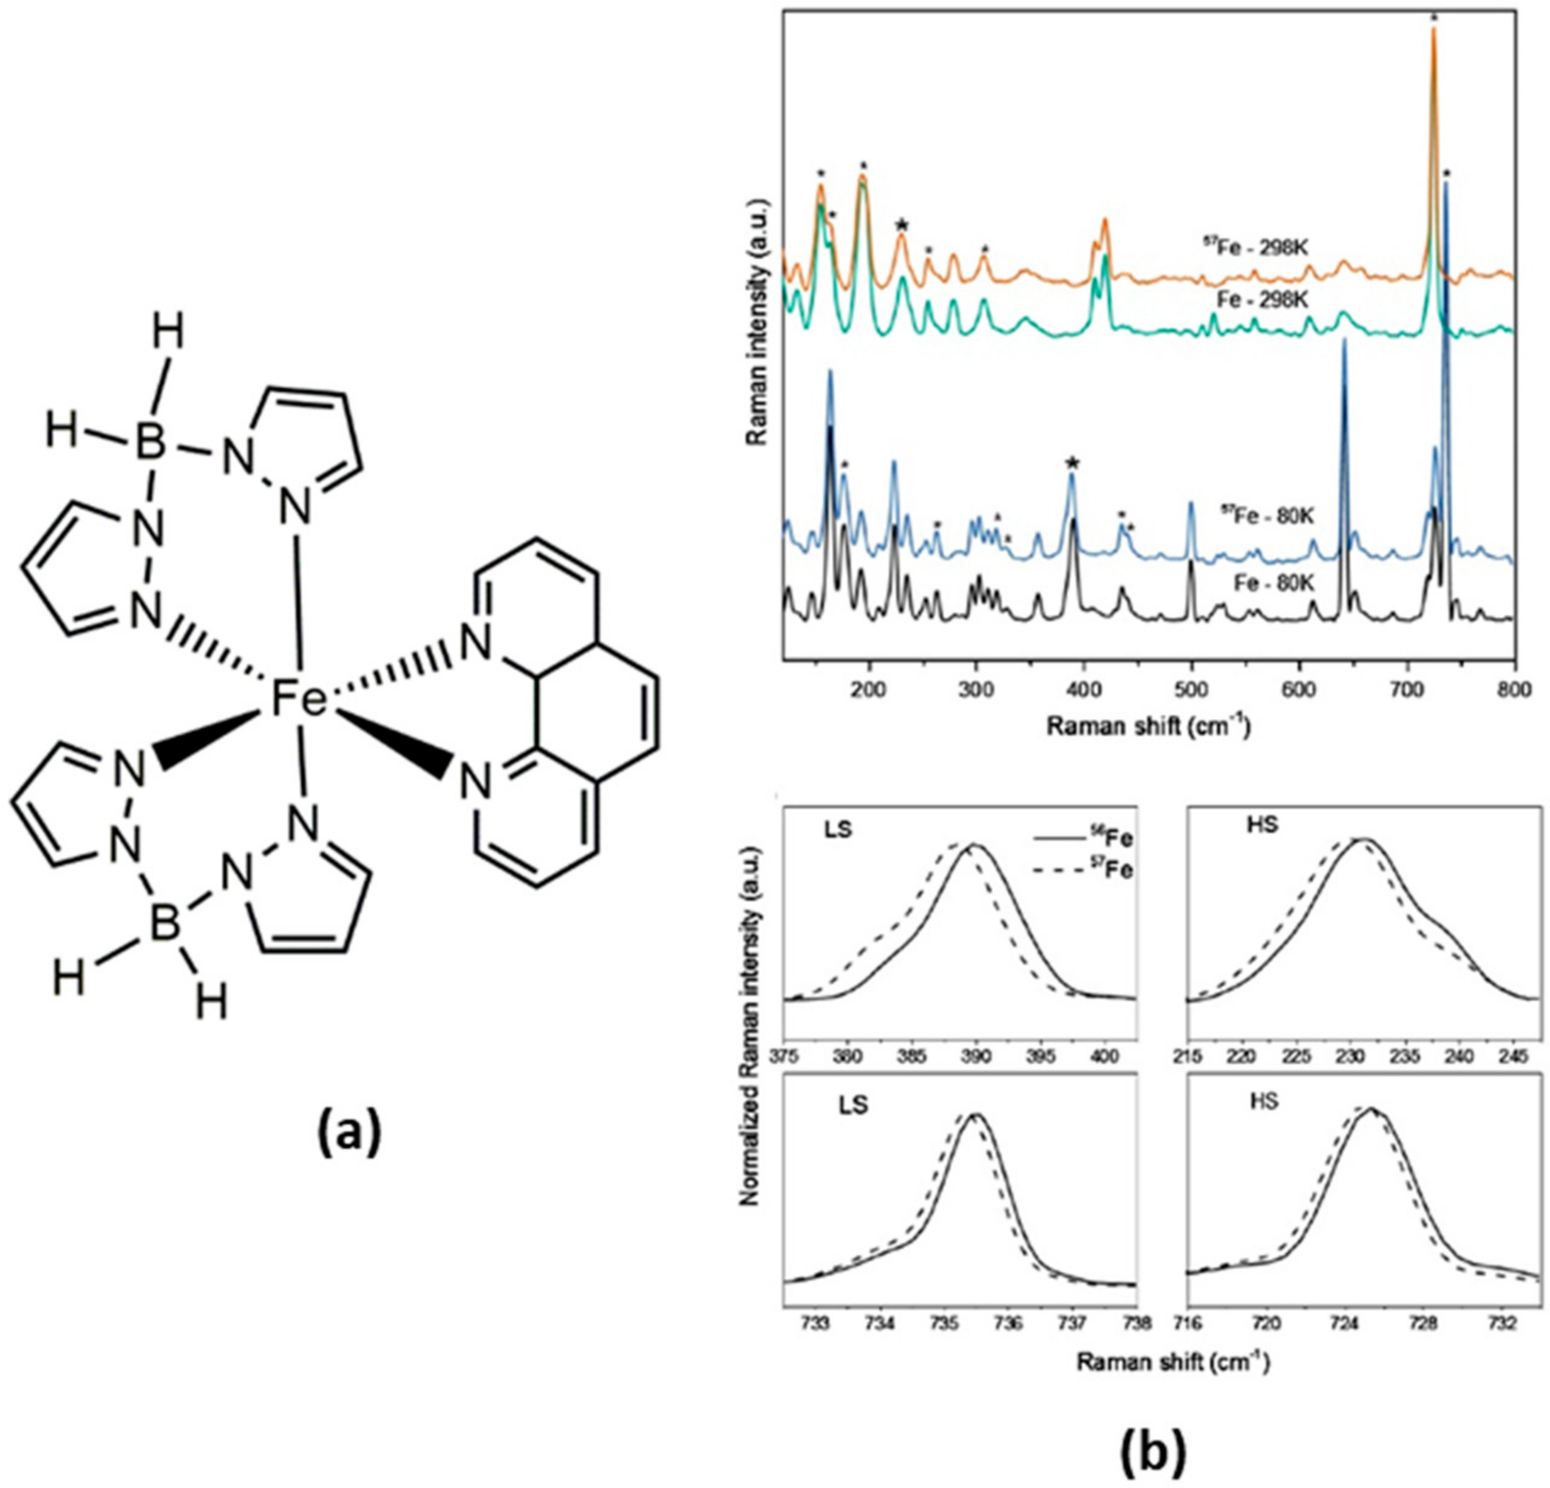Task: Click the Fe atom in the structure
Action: coord(299,701)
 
